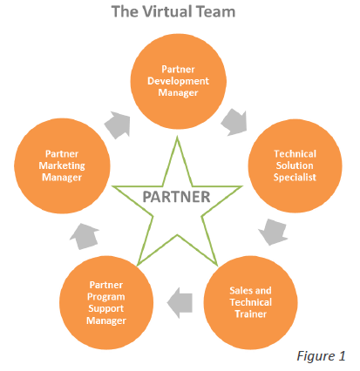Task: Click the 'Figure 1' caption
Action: point(323,355)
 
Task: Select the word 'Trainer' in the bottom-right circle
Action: point(250,314)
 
